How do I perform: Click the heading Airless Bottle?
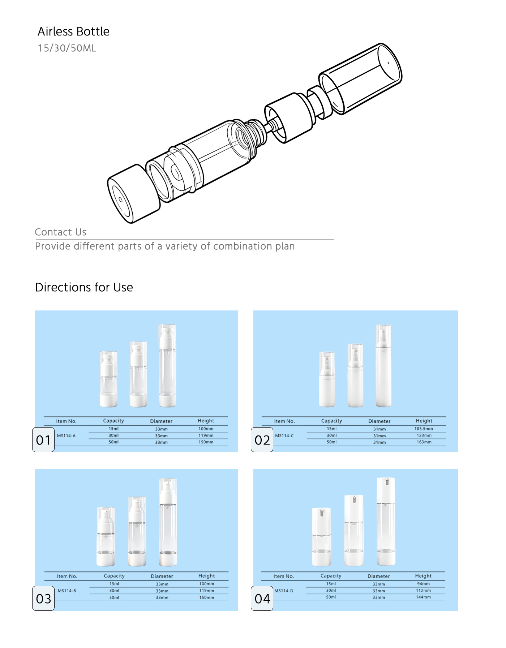point(73,31)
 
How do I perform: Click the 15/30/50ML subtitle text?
point(67,48)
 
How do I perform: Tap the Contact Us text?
point(61,232)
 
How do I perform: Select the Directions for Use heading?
point(84,287)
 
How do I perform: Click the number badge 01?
point(43,440)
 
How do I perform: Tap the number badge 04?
point(262,598)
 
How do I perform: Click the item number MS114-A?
point(67,436)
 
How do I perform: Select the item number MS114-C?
point(284,436)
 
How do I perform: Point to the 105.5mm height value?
point(424,429)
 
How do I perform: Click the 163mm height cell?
point(424,442)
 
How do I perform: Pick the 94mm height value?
point(424,584)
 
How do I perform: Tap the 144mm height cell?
point(423,597)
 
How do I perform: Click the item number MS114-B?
point(67,591)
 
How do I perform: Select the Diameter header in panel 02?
point(379,421)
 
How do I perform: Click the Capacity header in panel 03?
point(114,576)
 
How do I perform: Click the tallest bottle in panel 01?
point(167,366)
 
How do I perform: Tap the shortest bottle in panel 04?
point(321,537)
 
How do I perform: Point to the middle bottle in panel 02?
point(355,376)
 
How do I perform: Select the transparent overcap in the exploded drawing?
point(360,78)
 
